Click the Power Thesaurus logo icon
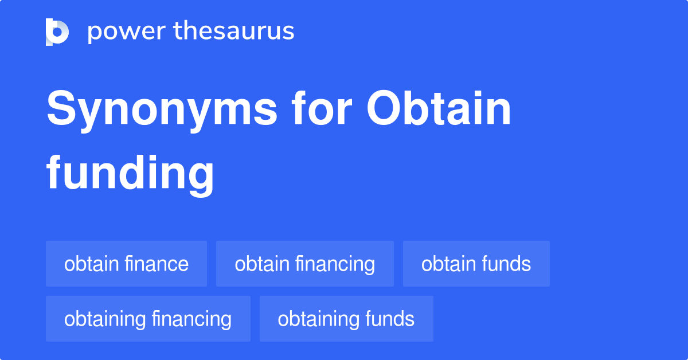point(57,32)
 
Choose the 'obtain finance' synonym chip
point(126,264)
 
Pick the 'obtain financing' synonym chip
point(304,264)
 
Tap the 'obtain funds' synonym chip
point(476,264)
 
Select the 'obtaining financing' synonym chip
point(148,319)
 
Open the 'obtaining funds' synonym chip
point(346,319)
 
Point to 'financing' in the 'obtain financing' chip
point(335,264)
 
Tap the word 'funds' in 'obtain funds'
point(506,264)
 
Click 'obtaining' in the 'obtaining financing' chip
point(105,319)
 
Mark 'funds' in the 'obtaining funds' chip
point(389,319)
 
